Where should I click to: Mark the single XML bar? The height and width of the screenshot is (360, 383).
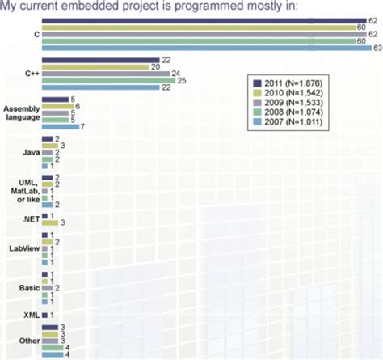(x=45, y=314)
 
